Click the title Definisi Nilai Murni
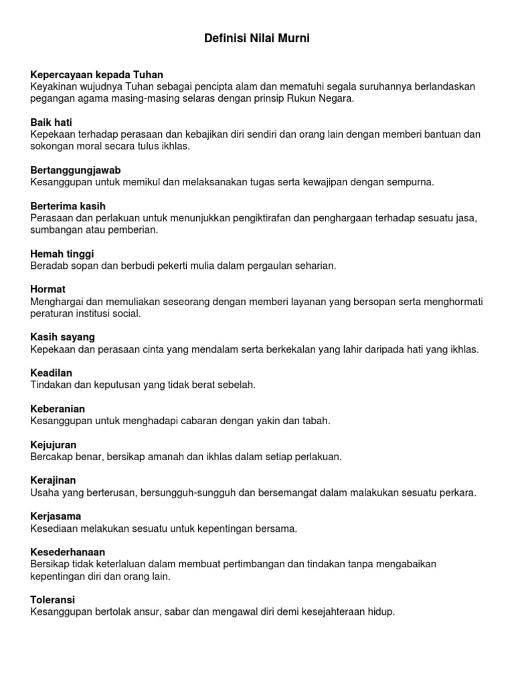click(x=257, y=39)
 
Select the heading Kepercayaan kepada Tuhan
click(x=97, y=75)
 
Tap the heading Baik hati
click(x=51, y=122)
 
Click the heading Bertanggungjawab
click(x=76, y=170)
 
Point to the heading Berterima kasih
click(x=68, y=206)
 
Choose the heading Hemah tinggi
click(x=62, y=254)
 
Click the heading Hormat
click(x=48, y=290)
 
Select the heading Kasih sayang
click(x=63, y=336)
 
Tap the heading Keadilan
click(x=52, y=373)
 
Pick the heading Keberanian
click(x=58, y=409)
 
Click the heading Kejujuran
click(x=54, y=445)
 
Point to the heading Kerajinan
click(x=54, y=480)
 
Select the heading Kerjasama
click(x=56, y=516)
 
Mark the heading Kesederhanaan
click(x=68, y=553)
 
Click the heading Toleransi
click(x=53, y=599)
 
